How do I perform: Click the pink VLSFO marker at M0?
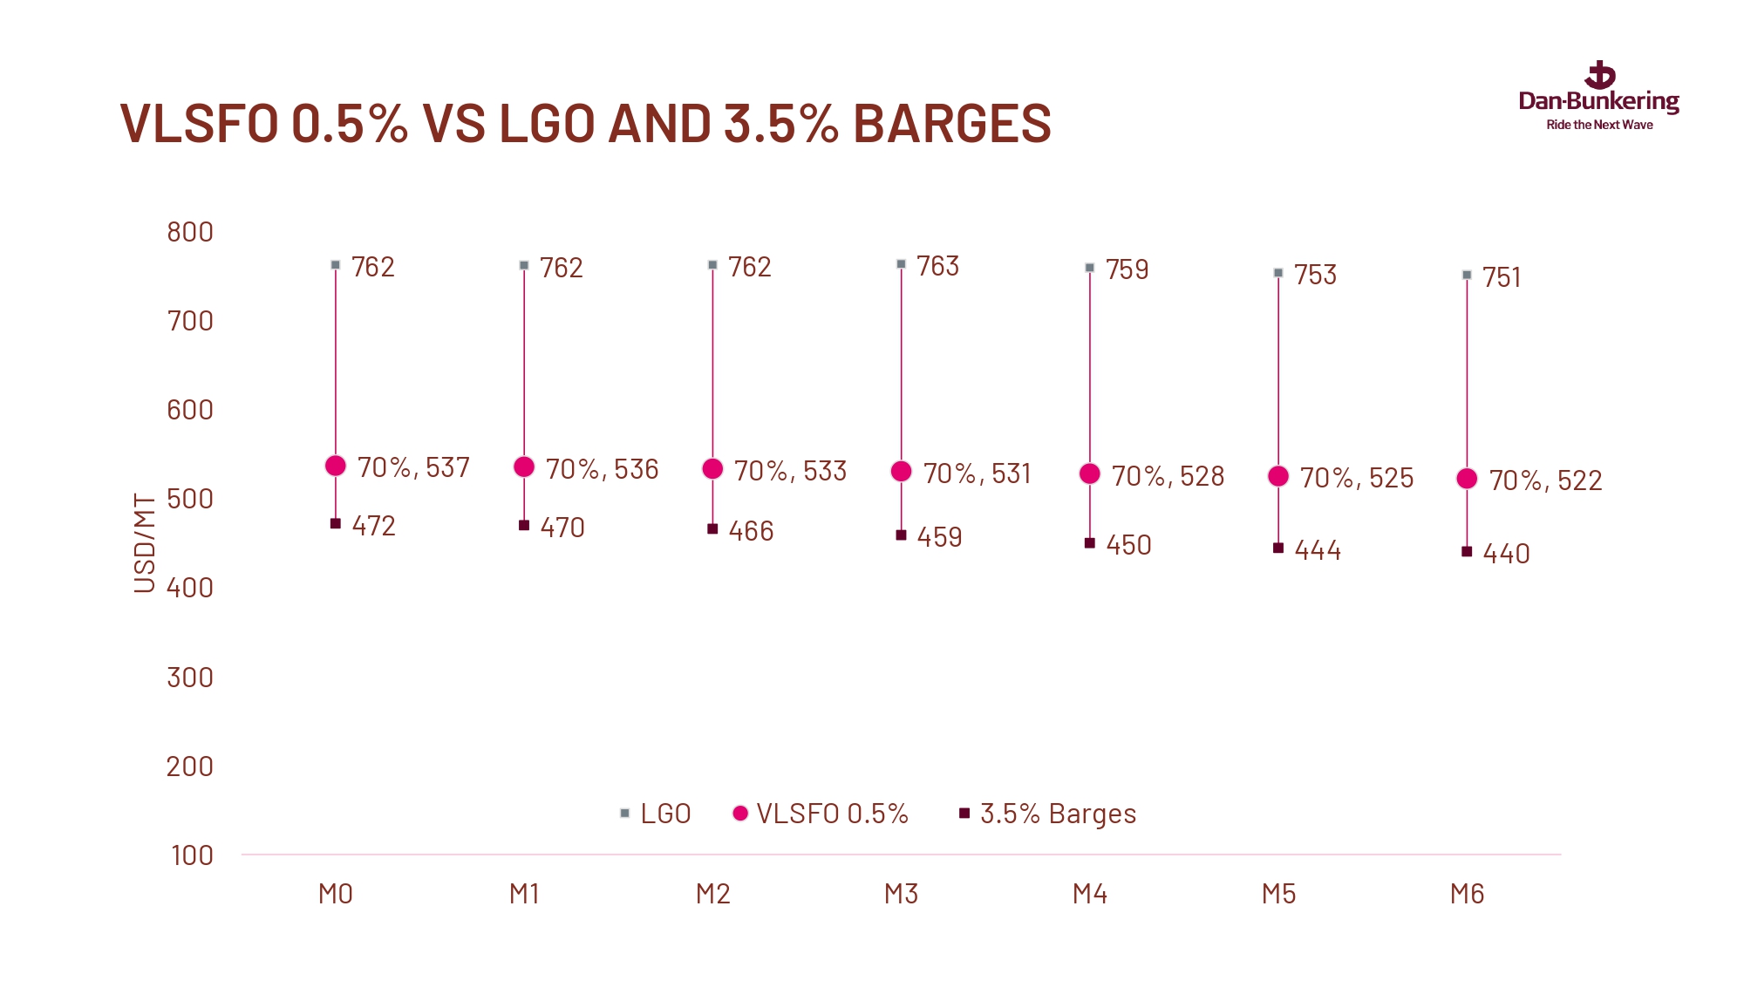tap(336, 466)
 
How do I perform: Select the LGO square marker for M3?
tap(901, 264)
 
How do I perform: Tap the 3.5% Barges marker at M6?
tap(1467, 551)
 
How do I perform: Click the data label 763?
tap(937, 266)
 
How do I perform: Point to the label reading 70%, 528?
tap(1168, 476)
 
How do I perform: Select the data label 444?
tap(1318, 550)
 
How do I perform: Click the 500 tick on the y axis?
tap(190, 499)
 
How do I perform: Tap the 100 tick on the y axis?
tap(192, 855)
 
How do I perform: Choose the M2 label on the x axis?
tap(712, 894)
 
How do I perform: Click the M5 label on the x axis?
tap(1278, 894)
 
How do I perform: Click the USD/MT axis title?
tap(145, 542)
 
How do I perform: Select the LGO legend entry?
tap(656, 814)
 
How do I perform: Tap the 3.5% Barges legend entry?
tap(1048, 814)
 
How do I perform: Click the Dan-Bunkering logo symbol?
tap(1600, 75)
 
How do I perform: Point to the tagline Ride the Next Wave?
tap(1599, 125)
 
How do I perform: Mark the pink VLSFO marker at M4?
tap(1090, 473)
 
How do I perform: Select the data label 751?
tap(1502, 277)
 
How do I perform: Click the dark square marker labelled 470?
tap(524, 525)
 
